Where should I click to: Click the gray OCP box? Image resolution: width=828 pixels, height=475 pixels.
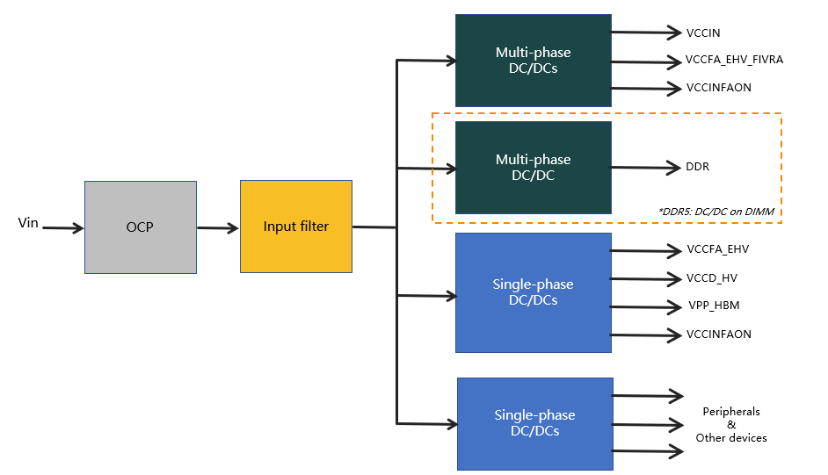coord(140,227)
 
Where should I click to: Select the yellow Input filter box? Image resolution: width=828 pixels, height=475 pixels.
coord(295,227)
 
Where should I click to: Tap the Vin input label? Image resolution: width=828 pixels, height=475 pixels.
coord(28,223)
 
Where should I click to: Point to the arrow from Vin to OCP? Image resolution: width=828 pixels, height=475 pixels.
coord(62,228)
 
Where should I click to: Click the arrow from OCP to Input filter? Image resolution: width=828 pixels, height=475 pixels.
coord(218,228)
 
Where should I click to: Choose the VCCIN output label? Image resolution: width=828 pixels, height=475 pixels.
coord(703,33)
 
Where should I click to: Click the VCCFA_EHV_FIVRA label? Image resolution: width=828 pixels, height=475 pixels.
coord(734,61)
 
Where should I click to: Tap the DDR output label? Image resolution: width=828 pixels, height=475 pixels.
coord(698,167)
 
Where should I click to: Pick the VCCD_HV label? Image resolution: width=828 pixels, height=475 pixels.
coord(713,278)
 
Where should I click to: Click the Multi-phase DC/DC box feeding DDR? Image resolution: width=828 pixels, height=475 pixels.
coord(533,167)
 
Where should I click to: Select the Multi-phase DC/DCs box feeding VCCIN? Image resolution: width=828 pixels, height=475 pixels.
coord(533,61)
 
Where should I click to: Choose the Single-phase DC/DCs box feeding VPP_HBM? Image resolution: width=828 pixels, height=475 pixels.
coord(533,292)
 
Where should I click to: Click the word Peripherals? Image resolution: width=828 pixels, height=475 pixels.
coord(731,412)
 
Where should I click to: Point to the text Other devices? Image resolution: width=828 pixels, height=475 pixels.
coord(731,437)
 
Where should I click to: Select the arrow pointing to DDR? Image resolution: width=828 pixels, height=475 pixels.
coord(645,167)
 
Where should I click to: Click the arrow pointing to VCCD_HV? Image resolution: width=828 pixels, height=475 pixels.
coord(645,279)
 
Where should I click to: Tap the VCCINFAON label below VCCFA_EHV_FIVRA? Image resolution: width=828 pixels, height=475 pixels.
coord(719,88)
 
